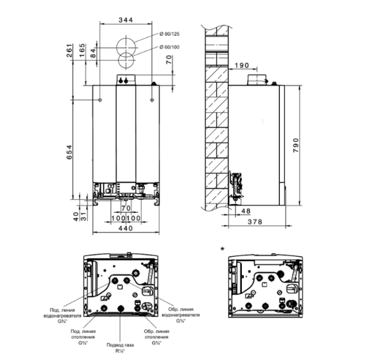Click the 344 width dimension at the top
(125, 21)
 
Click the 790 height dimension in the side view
(295, 143)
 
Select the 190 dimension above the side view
(241, 65)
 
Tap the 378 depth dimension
(254, 221)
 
